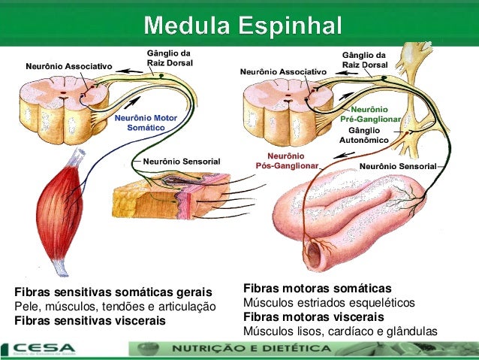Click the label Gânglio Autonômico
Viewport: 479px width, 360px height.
click(364, 135)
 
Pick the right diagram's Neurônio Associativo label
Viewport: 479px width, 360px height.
click(283, 71)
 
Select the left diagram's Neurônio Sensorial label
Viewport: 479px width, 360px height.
click(181, 161)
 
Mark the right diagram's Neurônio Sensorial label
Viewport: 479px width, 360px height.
click(398, 165)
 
